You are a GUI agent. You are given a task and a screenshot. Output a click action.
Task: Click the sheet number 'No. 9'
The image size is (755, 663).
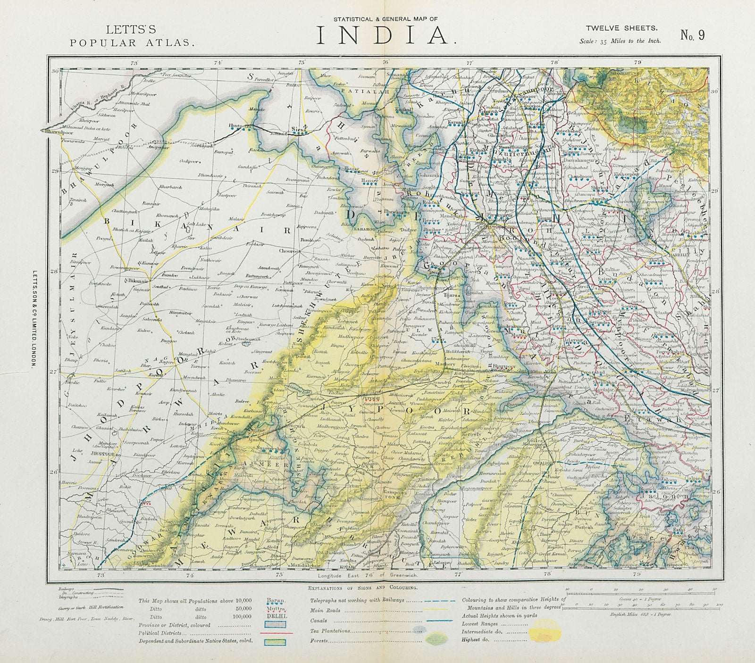click(x=693, y=35)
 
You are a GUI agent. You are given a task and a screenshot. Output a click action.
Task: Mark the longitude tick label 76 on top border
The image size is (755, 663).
click(x=386, y=62)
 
